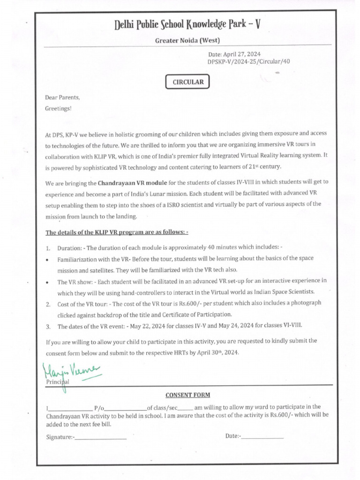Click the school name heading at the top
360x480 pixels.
coord(187,24)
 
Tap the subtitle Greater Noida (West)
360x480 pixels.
coord(187,41)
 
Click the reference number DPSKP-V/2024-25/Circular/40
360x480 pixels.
coord(252,62)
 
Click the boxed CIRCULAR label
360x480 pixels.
coord(187,82)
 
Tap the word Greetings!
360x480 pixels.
coord(59,108)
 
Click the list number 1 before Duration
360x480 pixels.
coord(48,248)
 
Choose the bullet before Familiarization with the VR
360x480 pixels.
coord(48,259)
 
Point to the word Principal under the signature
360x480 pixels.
coord(57,382)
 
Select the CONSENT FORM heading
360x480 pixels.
coord(187,395)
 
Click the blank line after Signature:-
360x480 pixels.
coord(101,438)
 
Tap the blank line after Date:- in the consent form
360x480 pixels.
coord(262,437)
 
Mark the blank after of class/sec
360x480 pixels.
coord(185,408)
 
